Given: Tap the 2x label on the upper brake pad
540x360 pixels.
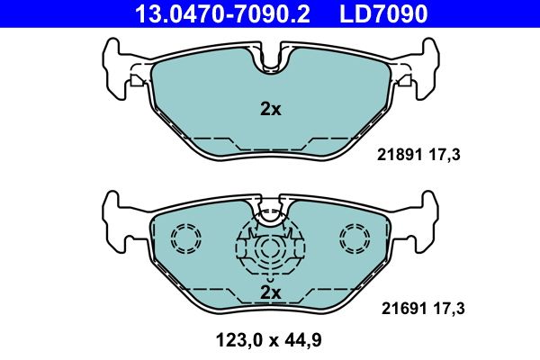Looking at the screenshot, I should pos(270,110).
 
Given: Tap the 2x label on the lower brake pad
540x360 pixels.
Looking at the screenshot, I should pos(270,292).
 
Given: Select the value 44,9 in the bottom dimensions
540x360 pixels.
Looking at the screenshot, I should pos(303,340).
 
